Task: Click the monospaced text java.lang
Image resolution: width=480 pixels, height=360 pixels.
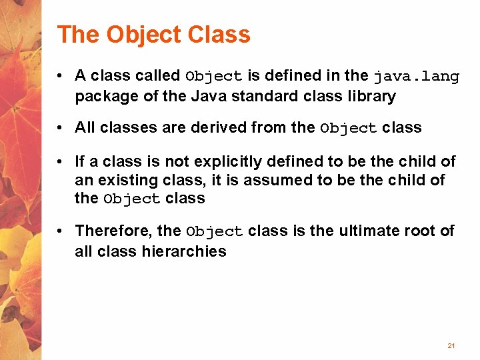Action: (x=417, y=77)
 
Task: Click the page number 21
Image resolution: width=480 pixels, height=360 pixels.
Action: (x=451, y=346)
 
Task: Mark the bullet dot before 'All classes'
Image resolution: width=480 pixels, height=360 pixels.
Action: (x=60, y=128)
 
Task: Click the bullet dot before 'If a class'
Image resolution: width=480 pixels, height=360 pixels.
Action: (x=60, y=162)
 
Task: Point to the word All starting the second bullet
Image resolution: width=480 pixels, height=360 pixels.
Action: (x=85, y=127)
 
